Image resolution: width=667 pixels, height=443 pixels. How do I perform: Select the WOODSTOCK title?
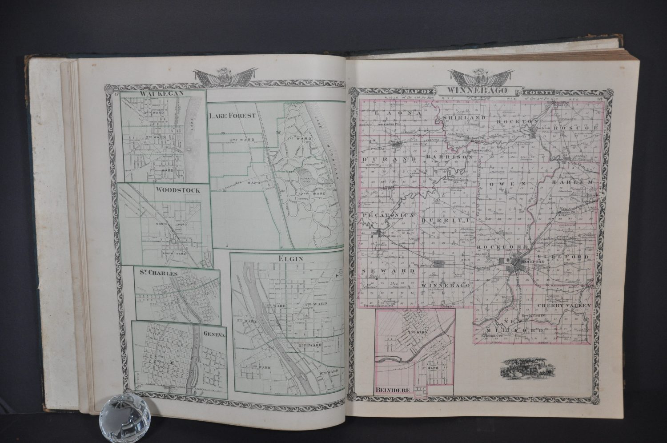tap(177, 190)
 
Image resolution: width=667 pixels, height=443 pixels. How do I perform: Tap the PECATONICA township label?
tap(388, 215)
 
